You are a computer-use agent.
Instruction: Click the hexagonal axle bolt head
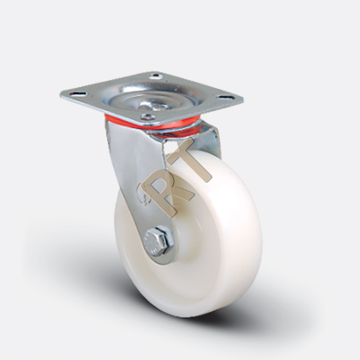[x=158, y=241]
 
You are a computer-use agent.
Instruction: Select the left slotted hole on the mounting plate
[x=77, y=94]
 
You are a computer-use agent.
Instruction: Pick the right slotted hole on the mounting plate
[x=225, y=97]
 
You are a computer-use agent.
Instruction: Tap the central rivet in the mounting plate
[x=152, y=107]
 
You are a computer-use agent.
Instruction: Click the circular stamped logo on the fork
[x=144, y=193]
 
